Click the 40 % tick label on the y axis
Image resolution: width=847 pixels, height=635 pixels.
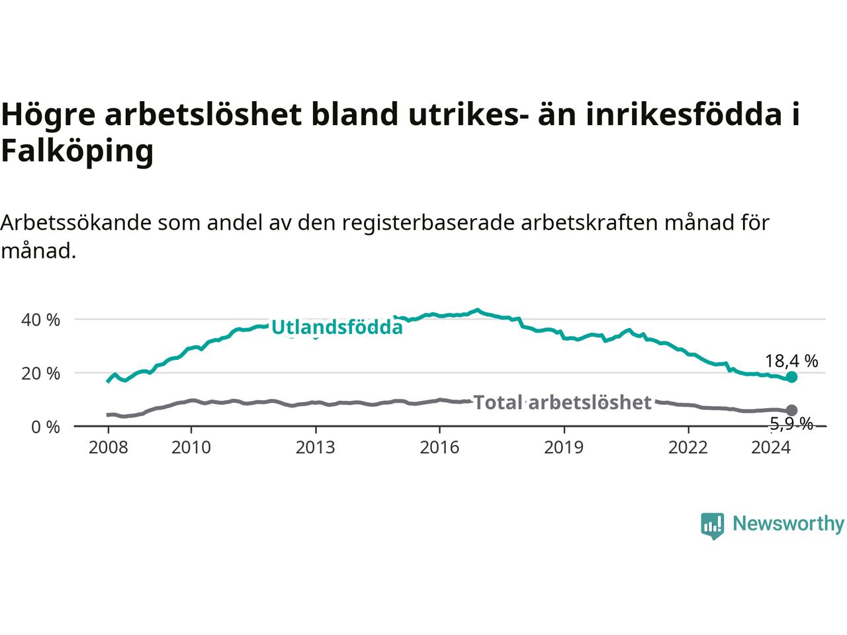click(x=40, y=319)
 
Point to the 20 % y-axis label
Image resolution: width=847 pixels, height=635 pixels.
click(x=40, y=373)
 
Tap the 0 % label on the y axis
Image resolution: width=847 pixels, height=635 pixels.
click(x=46, y=427)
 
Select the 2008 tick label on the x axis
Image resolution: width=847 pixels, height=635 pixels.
click(x=108, y=447)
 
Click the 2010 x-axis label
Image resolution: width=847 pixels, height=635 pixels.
click(x=191, y=447)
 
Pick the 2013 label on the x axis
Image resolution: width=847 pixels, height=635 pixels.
click(x=315, y=447)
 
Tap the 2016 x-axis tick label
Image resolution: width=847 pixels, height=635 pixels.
click(x=439, y=447)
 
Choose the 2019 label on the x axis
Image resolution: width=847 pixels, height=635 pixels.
click(x=564, y=447)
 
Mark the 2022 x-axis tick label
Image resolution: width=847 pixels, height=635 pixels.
click(x=688, y=447)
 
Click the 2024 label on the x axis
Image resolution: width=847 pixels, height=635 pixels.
click(x=771, y=447)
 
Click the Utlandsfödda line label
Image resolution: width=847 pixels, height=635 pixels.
click(x=337, y=327)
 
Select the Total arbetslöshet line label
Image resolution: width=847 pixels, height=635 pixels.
click(x=562, y=403)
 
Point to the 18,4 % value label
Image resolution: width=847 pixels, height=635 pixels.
click(x=791, y=361)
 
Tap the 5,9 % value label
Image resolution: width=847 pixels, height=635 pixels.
click(x=791, y=424)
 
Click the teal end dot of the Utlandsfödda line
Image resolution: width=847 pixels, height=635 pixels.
click(x=791, y=376)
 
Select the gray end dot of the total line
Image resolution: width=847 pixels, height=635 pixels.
click(x=791, y=410)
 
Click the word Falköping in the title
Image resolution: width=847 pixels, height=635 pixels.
click(x=77, y=151)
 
